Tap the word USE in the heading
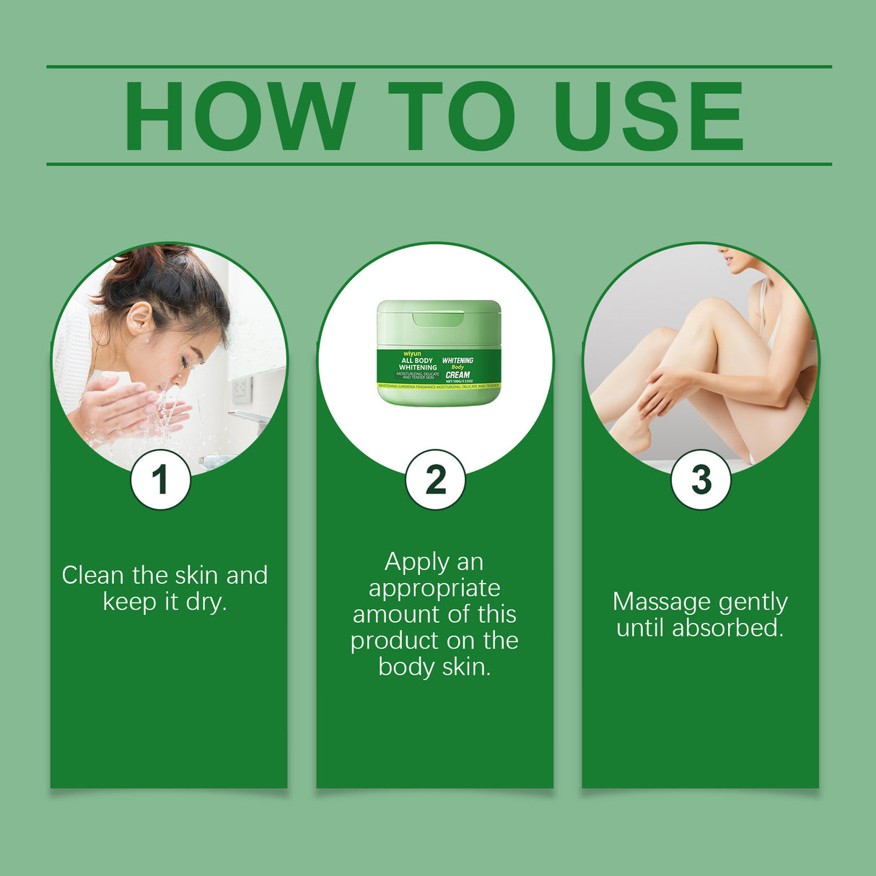pyautogui.click(x=647, y=117)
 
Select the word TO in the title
pyautogui.click(x=451, y=117)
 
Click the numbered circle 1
pyautogui.click(x=160, y=480)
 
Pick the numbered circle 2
pyautogui.click(x=435, y=480)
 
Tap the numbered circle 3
pyautogui.click(x=701, y=480)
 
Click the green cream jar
pyautogui.click(x=438, y=353)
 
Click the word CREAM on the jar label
pyautogui.click(x=457, y=375)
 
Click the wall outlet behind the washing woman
pyautogui.click(x=242, y=390)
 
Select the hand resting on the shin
pyautogui.click(x=660, y=390)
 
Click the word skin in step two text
pyautogui.click(x=465, y=667)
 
